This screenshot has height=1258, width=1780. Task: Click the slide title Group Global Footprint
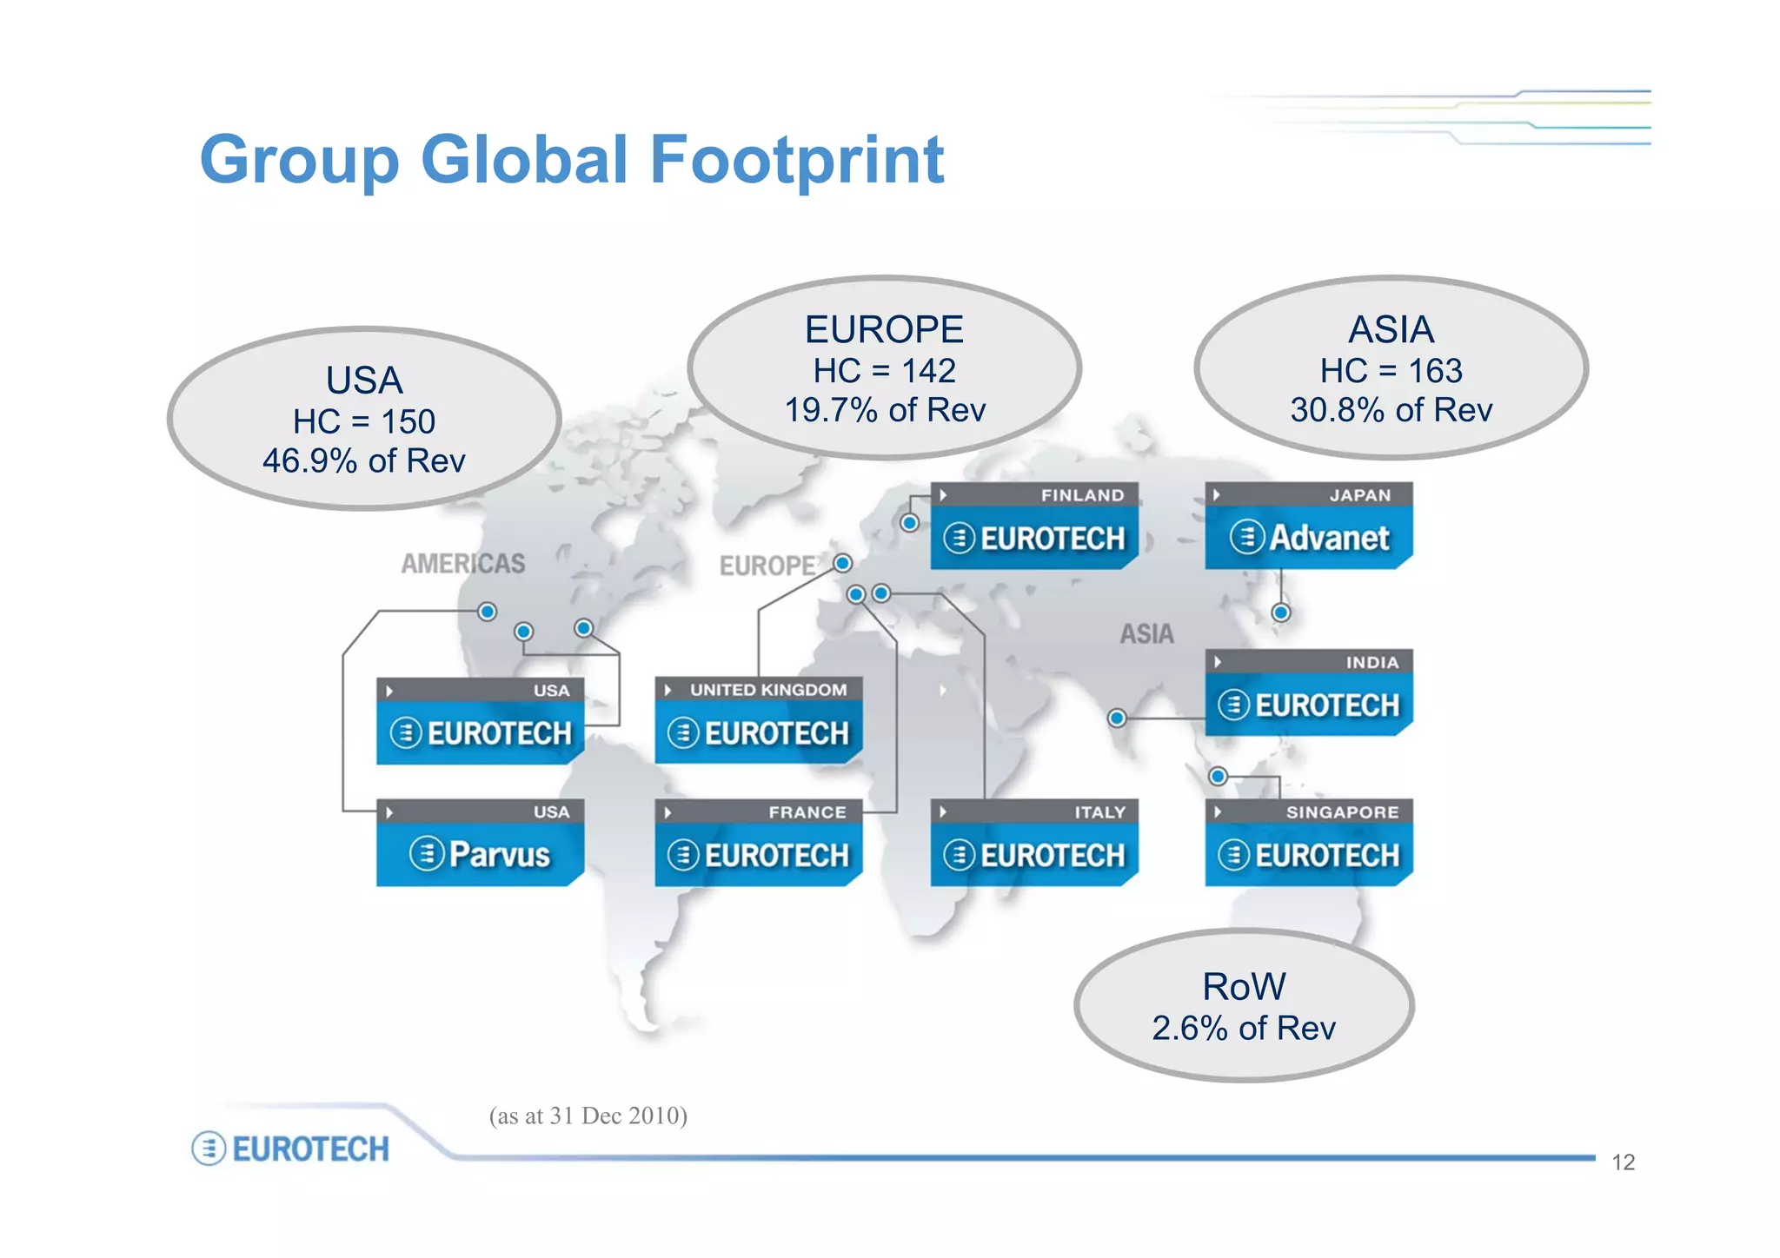coord(572,160)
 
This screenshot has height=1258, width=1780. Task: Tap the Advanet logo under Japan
coord(1309,538)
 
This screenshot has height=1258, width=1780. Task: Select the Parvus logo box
coord(480,854)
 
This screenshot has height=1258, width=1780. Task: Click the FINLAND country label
coord(1082,495)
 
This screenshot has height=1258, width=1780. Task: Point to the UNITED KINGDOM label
coord(767,690)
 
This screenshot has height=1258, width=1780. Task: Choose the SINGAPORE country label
coord(1342,812)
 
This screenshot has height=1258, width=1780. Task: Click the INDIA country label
coord(1372,662)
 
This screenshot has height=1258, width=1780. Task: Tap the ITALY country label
coord(1099,812)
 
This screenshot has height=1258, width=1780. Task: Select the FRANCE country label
coord(807,812)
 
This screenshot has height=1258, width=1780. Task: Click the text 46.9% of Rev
coord(364,460)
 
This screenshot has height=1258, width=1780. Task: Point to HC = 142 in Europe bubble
coord(884,371)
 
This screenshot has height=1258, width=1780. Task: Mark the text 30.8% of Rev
coord(1391,410)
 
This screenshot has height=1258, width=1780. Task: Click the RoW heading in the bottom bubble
coord(1244,986)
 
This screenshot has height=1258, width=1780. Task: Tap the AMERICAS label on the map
coord(463,564)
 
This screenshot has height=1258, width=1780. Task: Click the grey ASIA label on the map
coord(1146,634)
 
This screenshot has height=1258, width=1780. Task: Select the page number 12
coord(1623,1162)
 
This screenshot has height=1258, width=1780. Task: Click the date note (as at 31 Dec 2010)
coord(588,1116)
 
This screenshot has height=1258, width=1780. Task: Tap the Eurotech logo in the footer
coord(291,1149)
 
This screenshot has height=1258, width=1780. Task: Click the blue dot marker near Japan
coord(1280,612)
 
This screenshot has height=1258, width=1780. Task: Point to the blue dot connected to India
coord(1117,718)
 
